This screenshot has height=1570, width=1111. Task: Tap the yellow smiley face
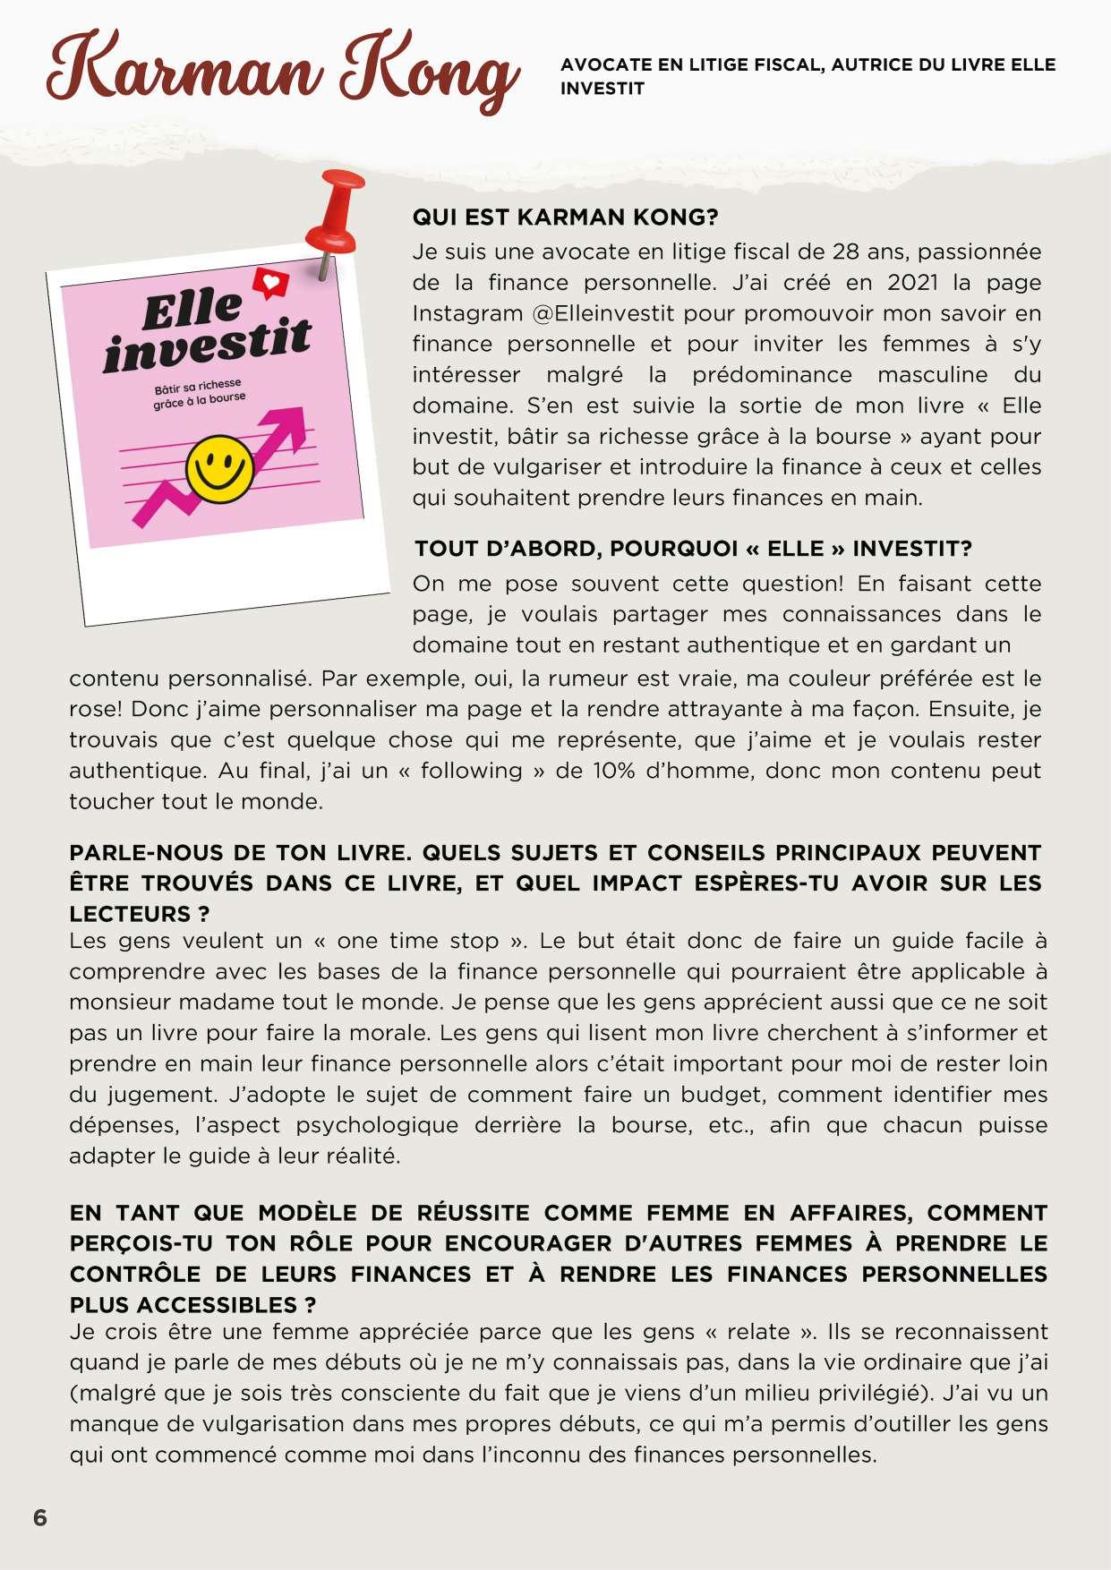[x=219, y=467]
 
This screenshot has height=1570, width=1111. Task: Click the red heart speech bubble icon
[x=269, y=283]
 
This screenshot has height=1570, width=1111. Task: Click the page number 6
[x=40, y=1518]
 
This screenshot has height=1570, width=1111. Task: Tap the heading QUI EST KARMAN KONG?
[x=565, y=218]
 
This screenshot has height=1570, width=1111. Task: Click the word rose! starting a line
[x=95, y=710]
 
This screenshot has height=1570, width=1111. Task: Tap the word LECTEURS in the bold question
[x=130, y=914]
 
